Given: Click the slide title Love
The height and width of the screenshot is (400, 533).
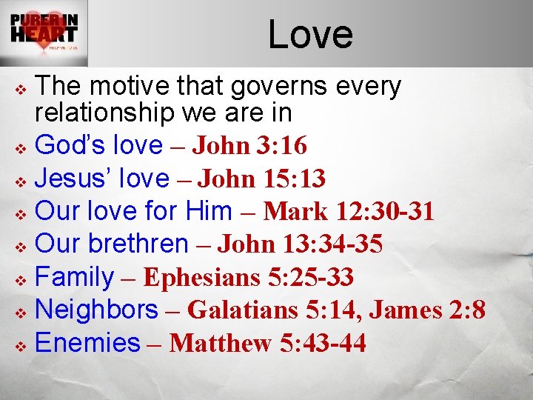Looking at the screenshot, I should (x=310, y=35).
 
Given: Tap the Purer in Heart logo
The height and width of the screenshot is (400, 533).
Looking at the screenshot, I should (x=44, y=33).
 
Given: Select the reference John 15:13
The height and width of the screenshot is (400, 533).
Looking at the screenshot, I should (x=263, y=179).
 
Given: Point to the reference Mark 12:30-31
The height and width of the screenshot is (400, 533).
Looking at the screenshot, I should (x=349, y=212).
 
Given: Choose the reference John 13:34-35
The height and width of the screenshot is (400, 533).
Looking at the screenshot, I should (x=300, y=244).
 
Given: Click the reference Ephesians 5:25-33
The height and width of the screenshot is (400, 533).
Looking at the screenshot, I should (x=248, y=277).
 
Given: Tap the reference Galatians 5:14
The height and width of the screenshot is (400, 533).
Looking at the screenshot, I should (x=273, y=310).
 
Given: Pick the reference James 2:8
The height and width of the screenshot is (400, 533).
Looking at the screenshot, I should (x=428, y=310).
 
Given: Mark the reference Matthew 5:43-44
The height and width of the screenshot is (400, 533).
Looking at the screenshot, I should (x=267, y=343).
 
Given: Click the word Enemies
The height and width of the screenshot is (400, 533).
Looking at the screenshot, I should (x=87, y=342).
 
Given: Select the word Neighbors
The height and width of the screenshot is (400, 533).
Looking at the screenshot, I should (x=96, y=309).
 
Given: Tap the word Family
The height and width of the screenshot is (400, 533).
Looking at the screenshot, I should (x=74, y=276).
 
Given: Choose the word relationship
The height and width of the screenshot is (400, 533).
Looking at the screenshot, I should (x=104, y=113).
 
